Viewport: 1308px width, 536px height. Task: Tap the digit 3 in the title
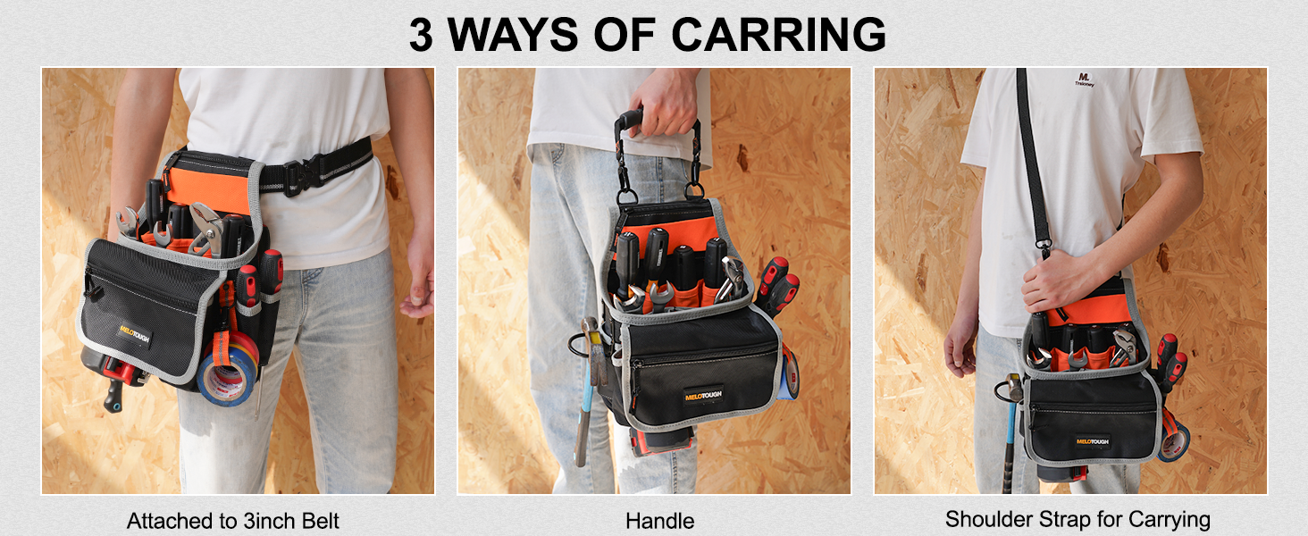tap(421, 35)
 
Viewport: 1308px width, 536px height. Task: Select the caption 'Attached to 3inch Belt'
tap(233, 521)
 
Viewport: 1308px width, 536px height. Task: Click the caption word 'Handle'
tap(660, 521)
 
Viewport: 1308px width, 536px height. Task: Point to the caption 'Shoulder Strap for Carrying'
tap(1077, 520)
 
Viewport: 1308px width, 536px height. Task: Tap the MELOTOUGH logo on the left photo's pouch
tap(135, 335)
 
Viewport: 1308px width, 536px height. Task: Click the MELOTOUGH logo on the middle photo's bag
tap(704, 395)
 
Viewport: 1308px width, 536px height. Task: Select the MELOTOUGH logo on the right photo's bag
tap(1092, 441)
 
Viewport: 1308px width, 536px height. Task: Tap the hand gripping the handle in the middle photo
tap(664, 102)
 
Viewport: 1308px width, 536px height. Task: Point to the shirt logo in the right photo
tap(1085, 80)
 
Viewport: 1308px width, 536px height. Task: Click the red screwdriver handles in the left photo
tap(259, 276)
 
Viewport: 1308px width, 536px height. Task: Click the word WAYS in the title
tap(513, 34)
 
